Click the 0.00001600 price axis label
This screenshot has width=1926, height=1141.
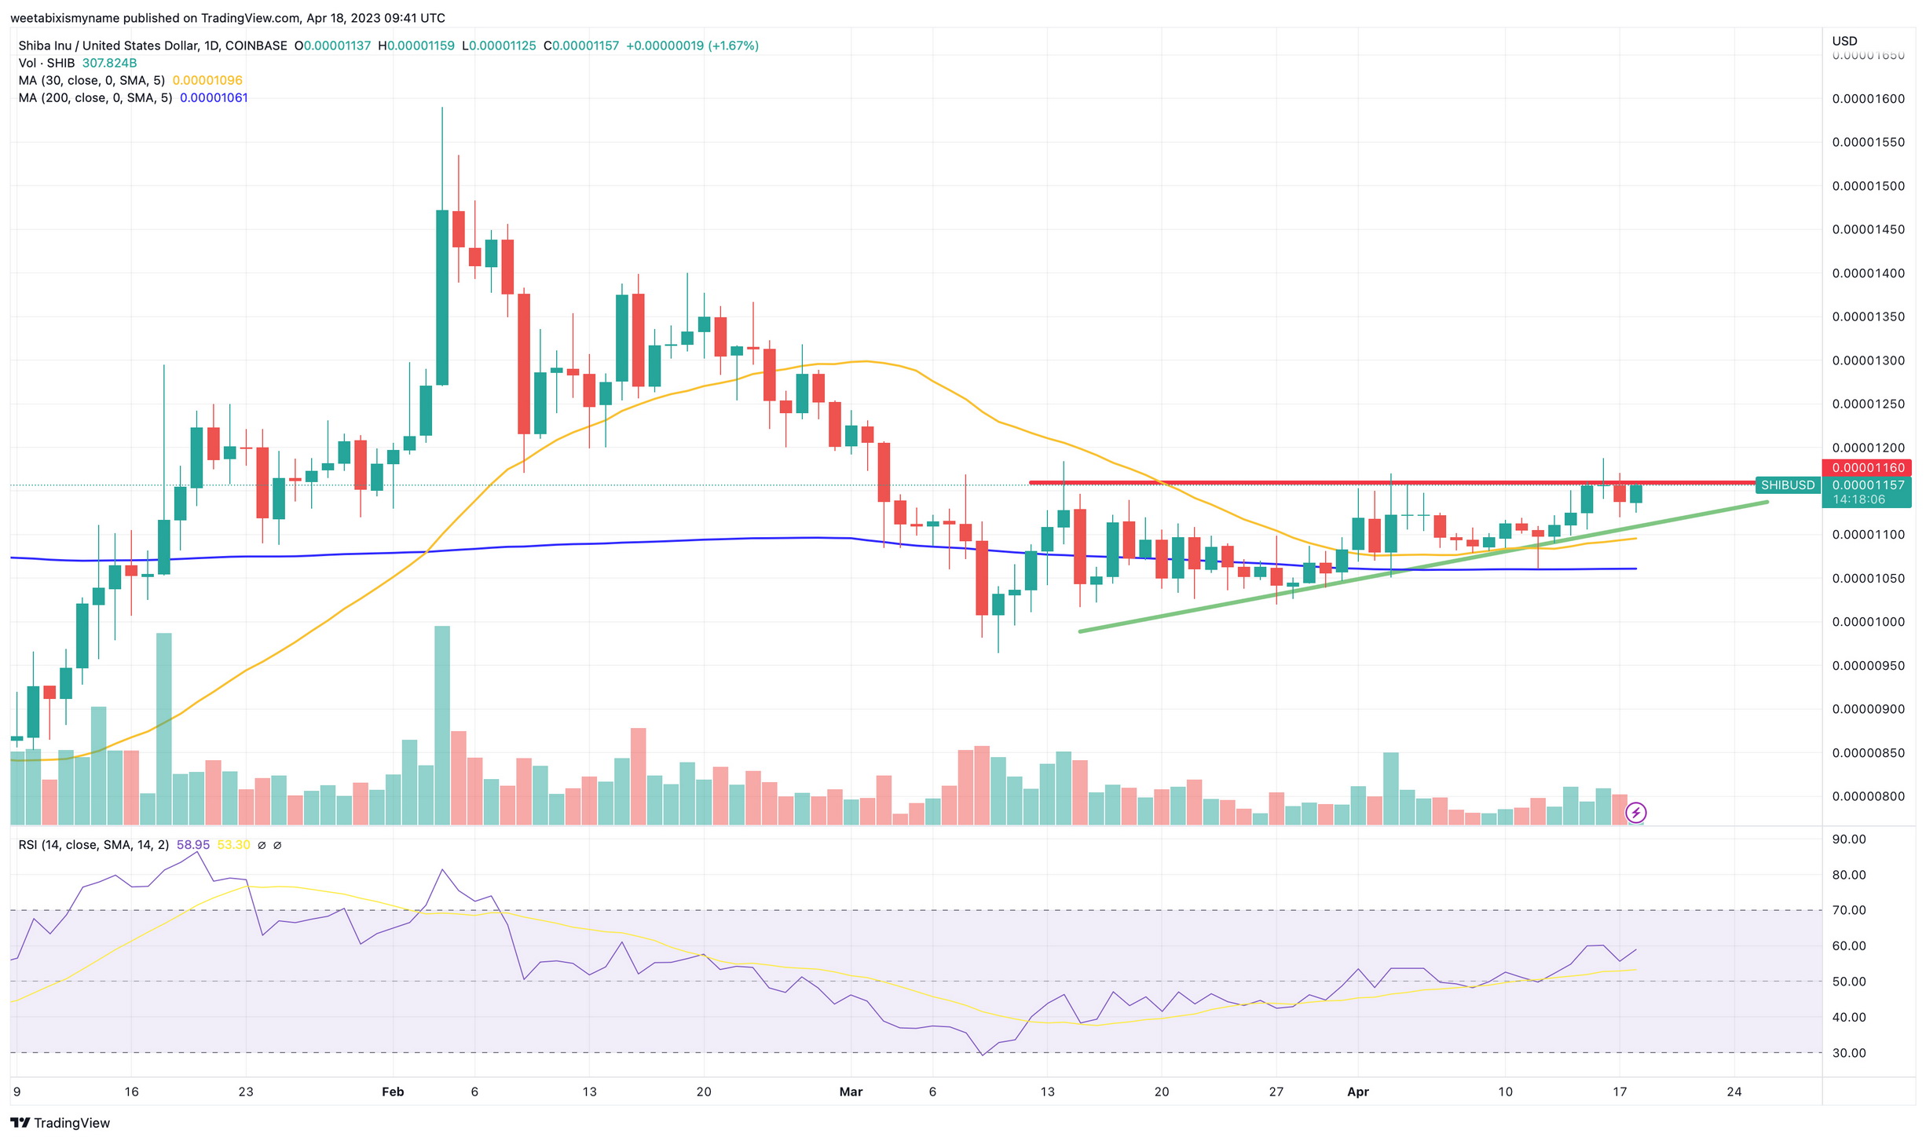tap(1868, 99)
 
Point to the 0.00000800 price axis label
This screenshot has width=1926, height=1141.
tap(1868, 796)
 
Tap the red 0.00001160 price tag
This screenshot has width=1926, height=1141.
tap(1867, 468)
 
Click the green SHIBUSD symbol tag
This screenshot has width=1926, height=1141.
tap(1787, 485)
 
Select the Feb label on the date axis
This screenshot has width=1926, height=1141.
tap(392, 1092)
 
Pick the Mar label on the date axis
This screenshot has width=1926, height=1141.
tap(851, 1092)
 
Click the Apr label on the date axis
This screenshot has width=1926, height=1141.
tap(1357, 1092)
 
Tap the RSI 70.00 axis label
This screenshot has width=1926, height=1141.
tap(1848, 910)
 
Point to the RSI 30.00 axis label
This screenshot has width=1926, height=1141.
tap(1848, 1053)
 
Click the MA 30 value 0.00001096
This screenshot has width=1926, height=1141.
tap(207, 81)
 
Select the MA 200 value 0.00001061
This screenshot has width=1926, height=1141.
tap(214, 98)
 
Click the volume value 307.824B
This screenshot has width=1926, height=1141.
tap(109, 64)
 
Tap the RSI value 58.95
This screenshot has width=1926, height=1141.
tap(193, 845)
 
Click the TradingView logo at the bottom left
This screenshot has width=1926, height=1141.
tap(60, 1123)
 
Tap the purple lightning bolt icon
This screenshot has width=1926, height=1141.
tap(1635, 812)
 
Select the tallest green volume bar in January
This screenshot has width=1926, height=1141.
tap(164, 728)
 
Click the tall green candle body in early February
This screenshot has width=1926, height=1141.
tap(442, 298)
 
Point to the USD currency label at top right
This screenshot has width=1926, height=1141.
tap(1844, 41)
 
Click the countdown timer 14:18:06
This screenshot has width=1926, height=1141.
tap(1858, 499)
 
